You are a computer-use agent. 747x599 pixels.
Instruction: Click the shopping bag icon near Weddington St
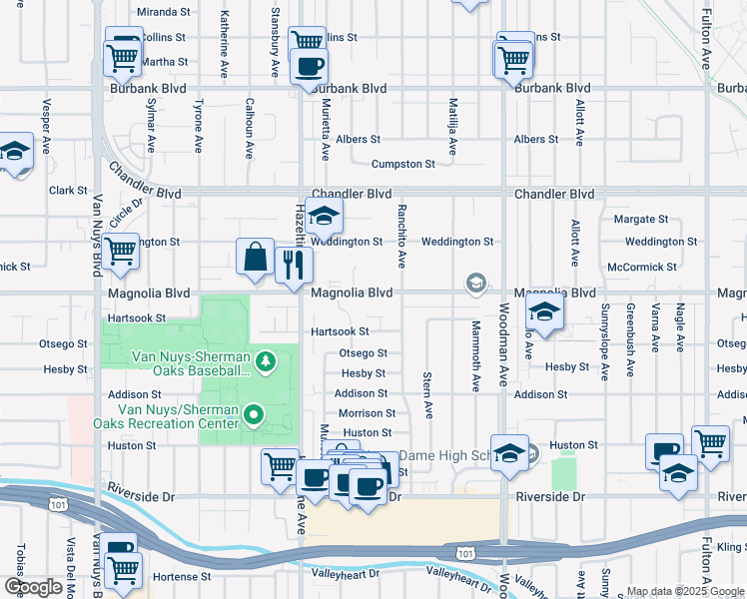[x=256, y=257]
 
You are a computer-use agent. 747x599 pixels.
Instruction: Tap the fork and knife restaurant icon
[x=294, y=265]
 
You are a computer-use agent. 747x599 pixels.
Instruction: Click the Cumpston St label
[x=402, y=164]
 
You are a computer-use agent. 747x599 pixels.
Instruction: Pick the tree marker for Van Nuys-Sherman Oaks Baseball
[x=266, y=359]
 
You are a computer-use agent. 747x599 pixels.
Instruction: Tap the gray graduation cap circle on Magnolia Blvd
[x=476, y=286]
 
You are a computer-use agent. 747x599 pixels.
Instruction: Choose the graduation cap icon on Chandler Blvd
[x=324, y=215]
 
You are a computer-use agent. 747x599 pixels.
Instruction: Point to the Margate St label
[x=640, y=219]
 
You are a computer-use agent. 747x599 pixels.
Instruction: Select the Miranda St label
[x=164, y=12]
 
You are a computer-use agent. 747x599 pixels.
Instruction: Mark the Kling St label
[x=730, y=548]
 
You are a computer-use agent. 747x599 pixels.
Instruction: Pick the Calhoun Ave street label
[x=250, y=128]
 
